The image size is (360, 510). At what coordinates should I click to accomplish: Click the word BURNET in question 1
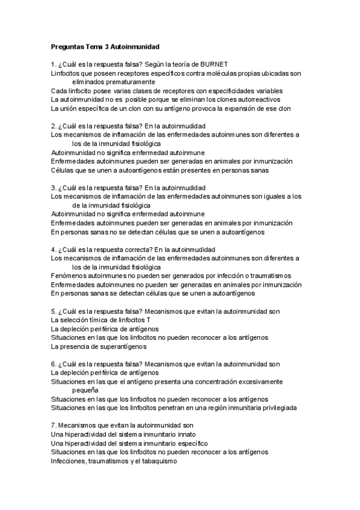click(214, 64)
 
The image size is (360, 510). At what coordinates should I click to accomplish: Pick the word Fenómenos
click(69, 275)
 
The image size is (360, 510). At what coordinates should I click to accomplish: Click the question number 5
click(53, 311)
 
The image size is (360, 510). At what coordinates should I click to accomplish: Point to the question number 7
click(53, 425)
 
